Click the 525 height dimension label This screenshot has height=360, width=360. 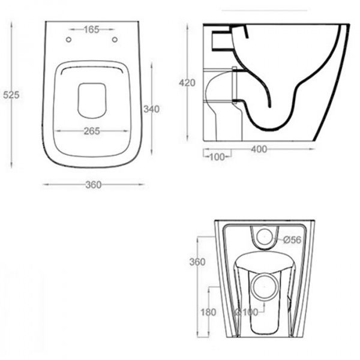(11, 95)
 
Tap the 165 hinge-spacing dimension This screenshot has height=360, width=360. (91, 29)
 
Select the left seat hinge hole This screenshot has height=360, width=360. (68, 40)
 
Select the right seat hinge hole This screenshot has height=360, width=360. (115, 40)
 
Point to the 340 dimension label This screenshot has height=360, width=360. (152, 109)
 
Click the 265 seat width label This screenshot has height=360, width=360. (92, 131)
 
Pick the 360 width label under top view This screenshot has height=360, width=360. (94, 185)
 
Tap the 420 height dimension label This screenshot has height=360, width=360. (187, 83)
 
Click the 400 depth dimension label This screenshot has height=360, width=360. (259, 149)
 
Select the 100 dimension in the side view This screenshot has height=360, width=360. (217, 157)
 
